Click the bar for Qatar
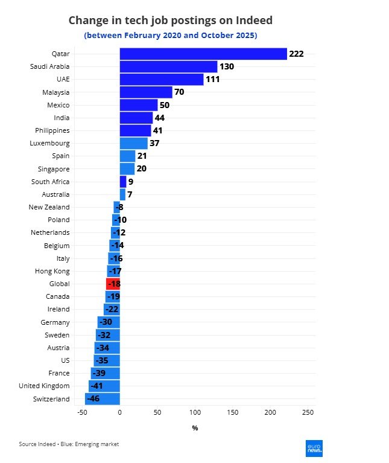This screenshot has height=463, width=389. click(203, 54)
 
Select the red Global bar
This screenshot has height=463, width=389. click(113, 284)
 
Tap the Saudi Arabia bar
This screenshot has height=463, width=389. click(168, 66)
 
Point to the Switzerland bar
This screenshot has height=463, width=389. click(103, 399)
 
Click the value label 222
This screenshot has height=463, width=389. click(296, 54)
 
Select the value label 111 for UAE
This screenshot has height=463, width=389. click(212, 80)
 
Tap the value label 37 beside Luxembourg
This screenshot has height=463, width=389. click(154, 144)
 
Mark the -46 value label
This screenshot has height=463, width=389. click(93, 399)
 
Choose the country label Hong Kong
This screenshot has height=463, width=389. click(54, 271)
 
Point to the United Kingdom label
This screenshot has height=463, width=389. click(44, 386)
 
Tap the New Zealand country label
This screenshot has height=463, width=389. click(49, 207)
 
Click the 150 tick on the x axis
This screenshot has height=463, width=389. click(232, 412)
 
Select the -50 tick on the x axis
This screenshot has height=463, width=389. click(82, 412)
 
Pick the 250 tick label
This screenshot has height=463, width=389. click(308, 412)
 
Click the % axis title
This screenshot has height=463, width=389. click(195, 428)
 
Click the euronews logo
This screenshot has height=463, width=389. click(314, 447)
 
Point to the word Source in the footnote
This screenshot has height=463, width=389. click(28, 444)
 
